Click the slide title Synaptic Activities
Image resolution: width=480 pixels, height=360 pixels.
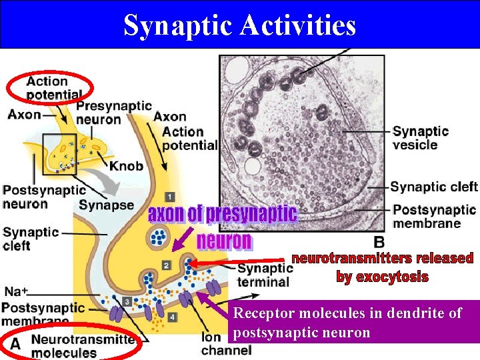(x=239, y=25)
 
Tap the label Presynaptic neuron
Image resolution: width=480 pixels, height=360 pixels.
(x=113, y=113)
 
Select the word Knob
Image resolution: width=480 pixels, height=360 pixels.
(x=125, y=165)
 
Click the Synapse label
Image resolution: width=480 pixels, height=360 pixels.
(x=106, y=205)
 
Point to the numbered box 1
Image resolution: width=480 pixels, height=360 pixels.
(x=169, y=197)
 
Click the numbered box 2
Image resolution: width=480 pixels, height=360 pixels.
(x=166, y=265)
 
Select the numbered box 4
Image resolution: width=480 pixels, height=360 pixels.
(x=172, y=317)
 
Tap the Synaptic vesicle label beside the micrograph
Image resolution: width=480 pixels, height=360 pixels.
(x=420, y=138)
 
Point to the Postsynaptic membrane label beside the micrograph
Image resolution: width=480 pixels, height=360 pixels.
(x=434, y=216)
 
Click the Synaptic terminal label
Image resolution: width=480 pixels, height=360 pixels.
(x=265, y=275)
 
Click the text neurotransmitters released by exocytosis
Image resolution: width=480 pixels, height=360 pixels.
(x=382, y=267)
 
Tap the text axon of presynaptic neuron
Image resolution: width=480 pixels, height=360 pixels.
(x=223, y=227)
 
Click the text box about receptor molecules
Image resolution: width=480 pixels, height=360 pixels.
(x=353, y=322)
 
